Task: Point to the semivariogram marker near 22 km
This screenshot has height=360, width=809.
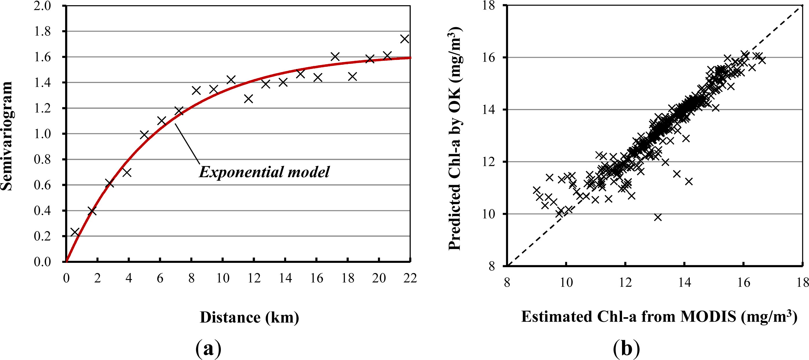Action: [405, 39]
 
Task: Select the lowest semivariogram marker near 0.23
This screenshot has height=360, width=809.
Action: [75, 232]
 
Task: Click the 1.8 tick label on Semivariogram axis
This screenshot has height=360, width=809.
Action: [42, 32]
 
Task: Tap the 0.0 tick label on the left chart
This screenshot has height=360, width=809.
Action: [42, 261]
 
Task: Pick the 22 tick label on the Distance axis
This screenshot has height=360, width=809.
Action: [410, 278]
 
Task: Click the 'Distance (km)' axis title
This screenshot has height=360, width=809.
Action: [250, 317]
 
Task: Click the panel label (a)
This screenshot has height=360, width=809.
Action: [208, 348]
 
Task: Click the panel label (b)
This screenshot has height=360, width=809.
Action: [626, 348]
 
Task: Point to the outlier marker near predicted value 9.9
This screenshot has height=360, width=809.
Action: [658, 217]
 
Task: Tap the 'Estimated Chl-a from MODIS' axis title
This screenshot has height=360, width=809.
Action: [659, 316]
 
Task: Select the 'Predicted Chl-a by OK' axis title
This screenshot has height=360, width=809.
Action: [455, 138]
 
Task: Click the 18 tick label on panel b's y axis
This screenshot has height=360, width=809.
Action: [489, 6]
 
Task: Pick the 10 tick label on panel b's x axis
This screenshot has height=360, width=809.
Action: [566, 283]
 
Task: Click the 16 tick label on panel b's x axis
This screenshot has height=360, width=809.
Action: [744, 283]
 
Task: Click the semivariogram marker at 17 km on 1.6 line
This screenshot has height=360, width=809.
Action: [335, 57]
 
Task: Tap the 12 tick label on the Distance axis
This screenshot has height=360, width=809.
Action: [254, 278]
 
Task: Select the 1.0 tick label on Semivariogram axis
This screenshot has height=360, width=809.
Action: [42, 134]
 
